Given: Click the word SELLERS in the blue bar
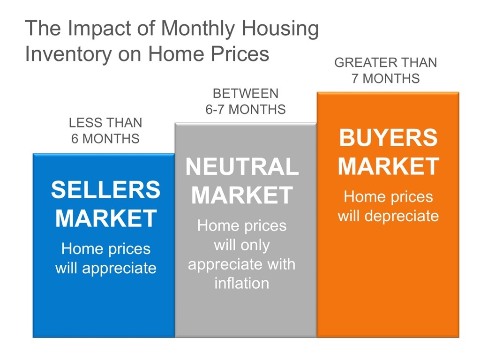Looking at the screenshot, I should click(105, 190).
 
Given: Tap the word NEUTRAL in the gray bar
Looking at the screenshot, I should click(242, 167).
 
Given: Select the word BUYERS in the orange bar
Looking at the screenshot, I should click(388, 138).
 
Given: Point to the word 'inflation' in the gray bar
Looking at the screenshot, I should click(242, 283).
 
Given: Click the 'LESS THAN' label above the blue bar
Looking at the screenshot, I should click(105, 123).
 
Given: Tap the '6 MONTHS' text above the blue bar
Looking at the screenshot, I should click(105, 139).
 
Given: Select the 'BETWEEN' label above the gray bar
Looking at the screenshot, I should click(245, 93).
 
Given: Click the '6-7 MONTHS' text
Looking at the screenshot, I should click(245, 109).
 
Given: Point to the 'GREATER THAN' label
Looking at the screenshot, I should click(385, 62).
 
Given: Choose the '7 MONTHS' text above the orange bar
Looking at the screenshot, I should click(385, 78).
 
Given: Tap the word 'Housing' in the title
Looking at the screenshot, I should click(281, 30).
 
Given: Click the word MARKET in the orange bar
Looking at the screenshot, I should click(388, 166).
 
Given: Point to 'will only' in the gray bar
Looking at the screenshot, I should click(242, 245).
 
